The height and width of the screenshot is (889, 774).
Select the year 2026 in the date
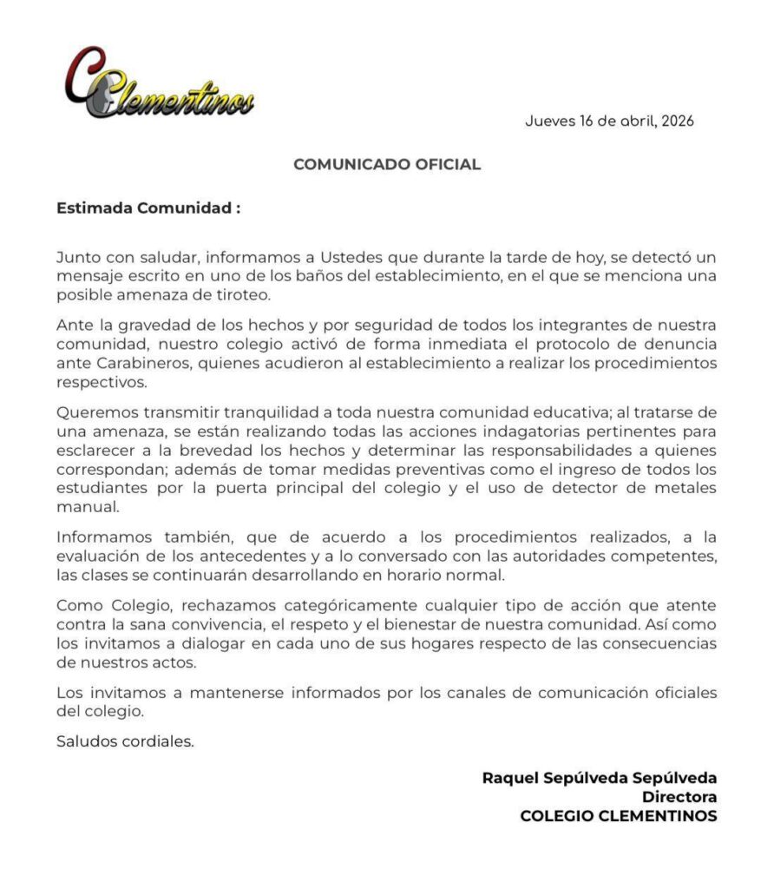point(677,122)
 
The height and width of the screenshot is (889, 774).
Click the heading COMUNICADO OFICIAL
point(387,164)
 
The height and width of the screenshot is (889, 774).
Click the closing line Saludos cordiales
point(125,741)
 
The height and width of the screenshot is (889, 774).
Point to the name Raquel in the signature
point(513,778)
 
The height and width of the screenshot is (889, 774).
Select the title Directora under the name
point(679,797)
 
